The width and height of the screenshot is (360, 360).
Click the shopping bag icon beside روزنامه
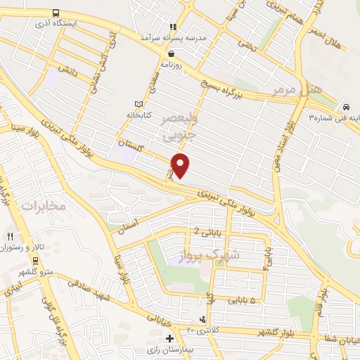tap(171, 53)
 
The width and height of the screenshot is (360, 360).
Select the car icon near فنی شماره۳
tap(346, 106)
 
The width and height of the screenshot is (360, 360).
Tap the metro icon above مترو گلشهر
tap(35, 260)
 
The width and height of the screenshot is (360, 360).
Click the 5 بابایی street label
tap(240, 300)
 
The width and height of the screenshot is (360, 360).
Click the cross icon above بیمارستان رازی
tap(169, 338)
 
